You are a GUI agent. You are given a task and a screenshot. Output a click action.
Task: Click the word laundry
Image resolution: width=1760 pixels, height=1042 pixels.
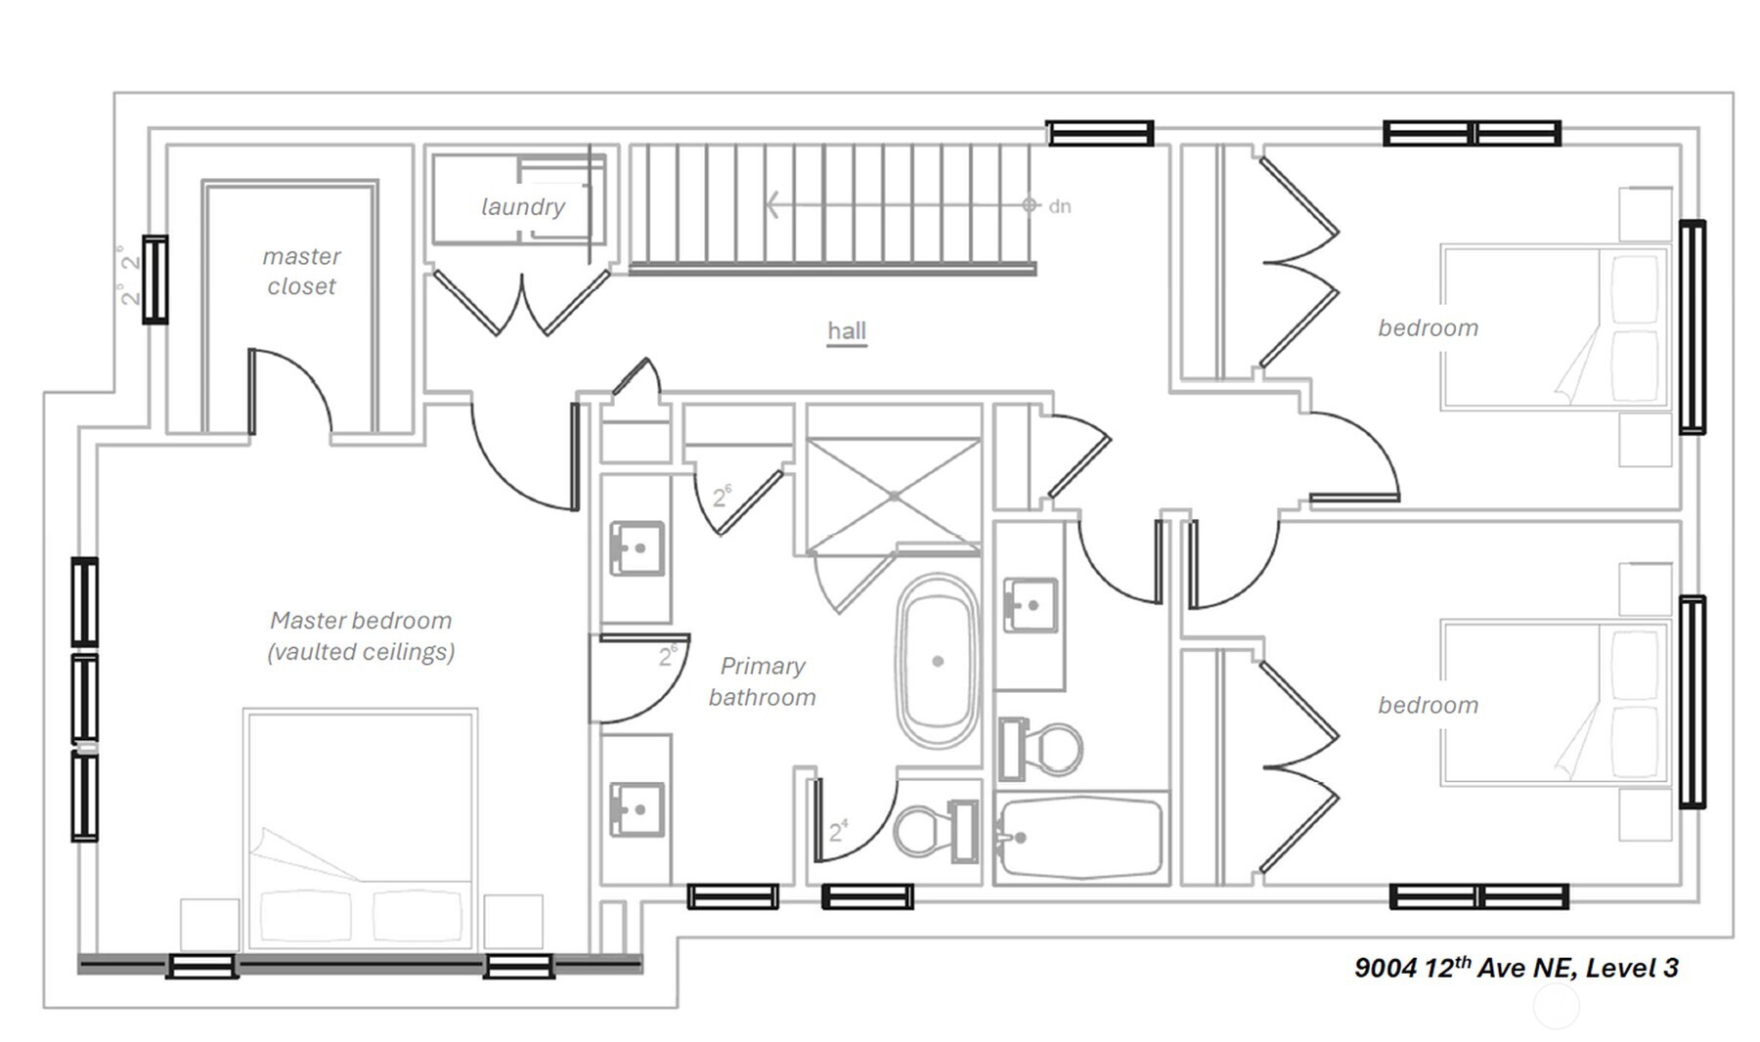tap(523, 207)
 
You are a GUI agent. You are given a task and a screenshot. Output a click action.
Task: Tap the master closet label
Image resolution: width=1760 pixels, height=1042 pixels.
tap(301, 271)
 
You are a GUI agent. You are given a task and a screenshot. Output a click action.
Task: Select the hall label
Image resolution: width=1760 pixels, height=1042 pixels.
tap(847, 330)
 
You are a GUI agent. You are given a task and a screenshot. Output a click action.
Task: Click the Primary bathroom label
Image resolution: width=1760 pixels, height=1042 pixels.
tap(762, 681)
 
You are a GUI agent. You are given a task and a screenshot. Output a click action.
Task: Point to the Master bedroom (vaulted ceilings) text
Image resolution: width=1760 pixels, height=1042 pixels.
tap(361, 635)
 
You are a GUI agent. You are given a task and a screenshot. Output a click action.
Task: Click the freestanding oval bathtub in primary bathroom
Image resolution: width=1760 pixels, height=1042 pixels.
tap(938, 662)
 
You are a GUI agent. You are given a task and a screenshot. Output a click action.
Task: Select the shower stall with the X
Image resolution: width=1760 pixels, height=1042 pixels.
tap(894, 497)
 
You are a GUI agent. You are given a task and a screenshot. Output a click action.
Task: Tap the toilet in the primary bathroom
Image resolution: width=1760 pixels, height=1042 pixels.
tap(937, 831)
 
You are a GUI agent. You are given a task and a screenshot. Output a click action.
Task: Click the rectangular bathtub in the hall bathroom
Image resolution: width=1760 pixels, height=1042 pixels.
tap(1080, 838)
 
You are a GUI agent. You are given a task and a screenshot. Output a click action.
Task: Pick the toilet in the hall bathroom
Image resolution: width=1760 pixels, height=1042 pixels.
tap(1040, 749)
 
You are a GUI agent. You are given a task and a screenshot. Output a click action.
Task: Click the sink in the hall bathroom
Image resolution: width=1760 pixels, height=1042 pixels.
tap(1031, 605)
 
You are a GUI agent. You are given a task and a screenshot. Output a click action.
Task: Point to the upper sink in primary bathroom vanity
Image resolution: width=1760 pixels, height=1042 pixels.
tap(637, 548)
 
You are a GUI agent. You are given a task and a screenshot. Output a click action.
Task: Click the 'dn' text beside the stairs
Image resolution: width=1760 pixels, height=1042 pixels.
tap(1060, 206)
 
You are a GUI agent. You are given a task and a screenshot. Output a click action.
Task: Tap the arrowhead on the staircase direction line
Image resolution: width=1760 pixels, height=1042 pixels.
tap(772, 205)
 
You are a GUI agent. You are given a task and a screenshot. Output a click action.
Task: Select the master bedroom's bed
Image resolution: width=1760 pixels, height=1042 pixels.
tap(361, 829)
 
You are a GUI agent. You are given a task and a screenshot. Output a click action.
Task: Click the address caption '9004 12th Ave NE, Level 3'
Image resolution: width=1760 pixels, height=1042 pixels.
tap(1516, 968)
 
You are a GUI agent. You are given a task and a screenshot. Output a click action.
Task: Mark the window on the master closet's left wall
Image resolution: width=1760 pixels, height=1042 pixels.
tap(155, 280)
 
